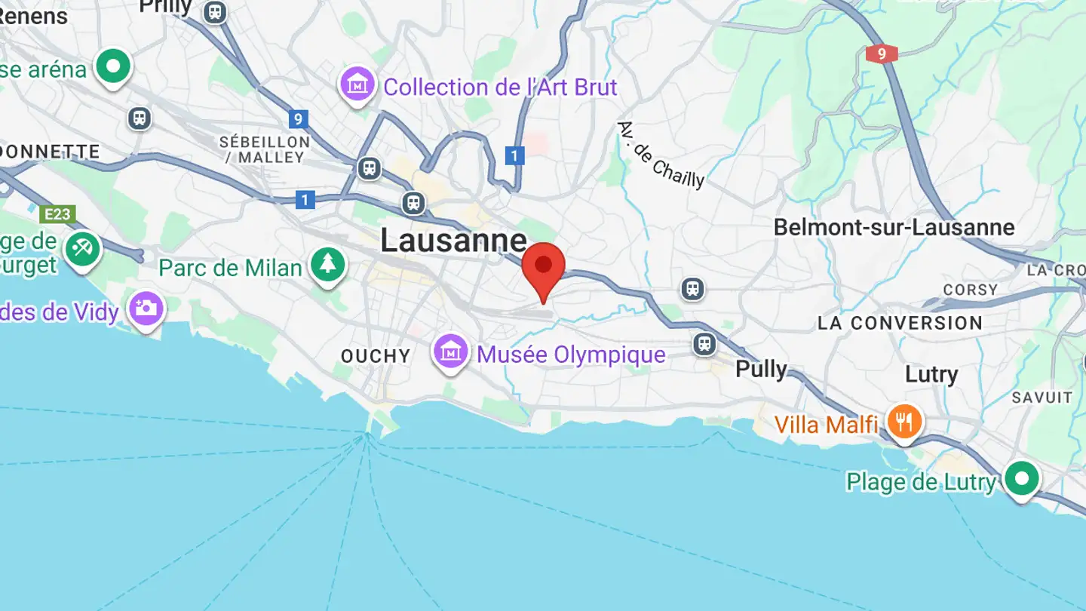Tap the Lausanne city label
[x=453, y=241]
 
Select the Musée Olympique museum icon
[x=450, y=352]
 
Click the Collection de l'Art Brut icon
[x=357, y=84]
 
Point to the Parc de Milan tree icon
[x=328, y=265]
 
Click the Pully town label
[x=761, y=369]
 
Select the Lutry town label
[x=931, y=374]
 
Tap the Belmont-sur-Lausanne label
[x=894, y=227]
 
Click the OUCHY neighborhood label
[x=376, y=356]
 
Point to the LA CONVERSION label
[x=900, y=323]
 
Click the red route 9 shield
[x=882, y=54]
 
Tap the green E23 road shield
[x=57, y=214]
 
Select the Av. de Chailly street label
[x=661, y=155]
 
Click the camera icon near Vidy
[x=146, y=308]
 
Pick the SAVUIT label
[x=1042, y=397]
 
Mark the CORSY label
[x=971, y=290]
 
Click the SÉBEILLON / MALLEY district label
[x=265, y=149]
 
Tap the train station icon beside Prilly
[x=216, y=11]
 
